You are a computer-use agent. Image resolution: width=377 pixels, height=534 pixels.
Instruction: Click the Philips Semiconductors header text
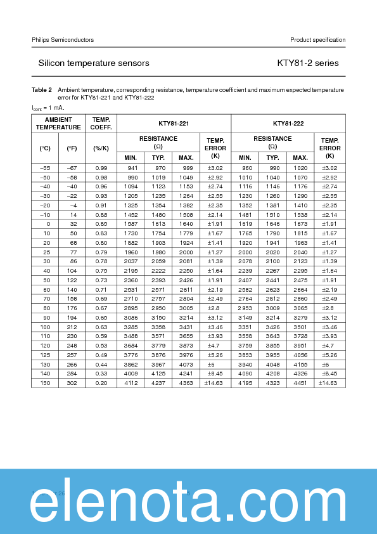coord(63,40)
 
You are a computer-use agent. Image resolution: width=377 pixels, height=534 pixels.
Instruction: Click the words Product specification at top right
coord(317,40)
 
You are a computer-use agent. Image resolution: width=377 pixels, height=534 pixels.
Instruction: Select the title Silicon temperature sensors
coord(94,63)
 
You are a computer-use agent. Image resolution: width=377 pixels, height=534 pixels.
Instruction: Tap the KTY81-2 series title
coord(308,63)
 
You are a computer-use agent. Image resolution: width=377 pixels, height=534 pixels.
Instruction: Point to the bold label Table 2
coord(42,90)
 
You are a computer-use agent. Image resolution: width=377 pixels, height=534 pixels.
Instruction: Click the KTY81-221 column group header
coord(174,124)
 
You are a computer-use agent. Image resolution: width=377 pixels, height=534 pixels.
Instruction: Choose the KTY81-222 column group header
coord(288,124)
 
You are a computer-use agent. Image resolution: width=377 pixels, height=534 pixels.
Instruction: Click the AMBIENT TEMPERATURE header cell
coord(58,124)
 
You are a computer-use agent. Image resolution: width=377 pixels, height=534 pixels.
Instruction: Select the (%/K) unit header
coord(101,148)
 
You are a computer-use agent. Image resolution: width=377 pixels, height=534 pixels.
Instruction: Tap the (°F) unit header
coord(72,148)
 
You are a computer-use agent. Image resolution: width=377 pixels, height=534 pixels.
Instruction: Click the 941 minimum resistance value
coord(132,167)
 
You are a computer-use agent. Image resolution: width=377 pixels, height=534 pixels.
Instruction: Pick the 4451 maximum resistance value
coord(300,382)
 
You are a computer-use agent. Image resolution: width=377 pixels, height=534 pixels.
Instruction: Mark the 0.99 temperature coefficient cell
coord(101,167)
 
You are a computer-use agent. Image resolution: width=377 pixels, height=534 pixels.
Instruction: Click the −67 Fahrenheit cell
coord(72,167)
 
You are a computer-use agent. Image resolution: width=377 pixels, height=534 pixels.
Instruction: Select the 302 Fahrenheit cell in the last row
coord(72,382)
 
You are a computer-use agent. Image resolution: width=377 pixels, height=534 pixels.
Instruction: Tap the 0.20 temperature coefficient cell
coord(101,382)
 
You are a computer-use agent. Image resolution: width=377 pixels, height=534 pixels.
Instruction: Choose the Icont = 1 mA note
coord(48,108)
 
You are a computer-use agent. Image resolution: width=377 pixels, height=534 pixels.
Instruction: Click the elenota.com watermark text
coord(188,502)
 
